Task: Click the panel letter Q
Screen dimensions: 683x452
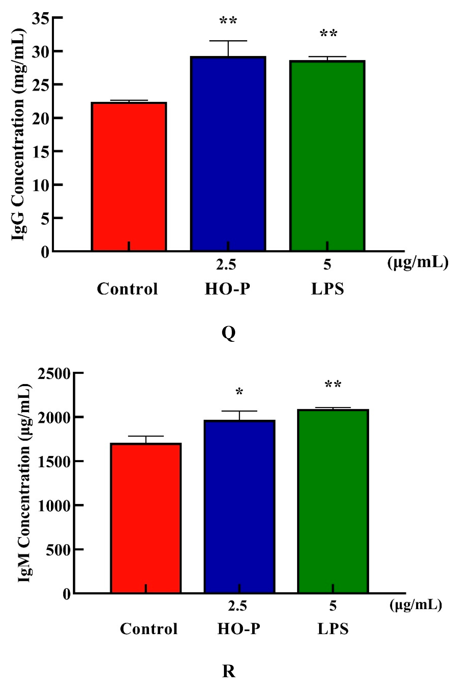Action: pyautogui.click(x=229, y=333)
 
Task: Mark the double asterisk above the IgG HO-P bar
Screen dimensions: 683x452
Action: pyautogui.click(x=228, y=21)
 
